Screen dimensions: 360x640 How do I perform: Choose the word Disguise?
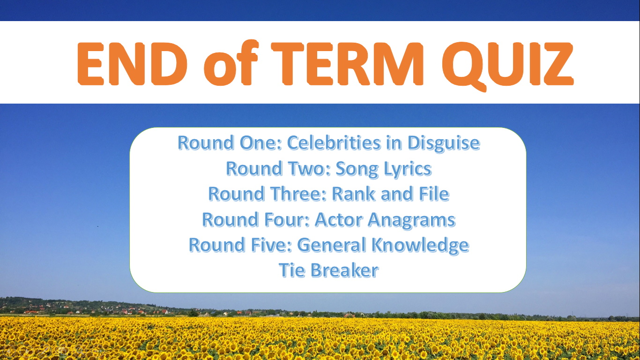(x=443, y=142)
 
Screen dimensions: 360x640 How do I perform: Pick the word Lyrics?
(x=407, y=168)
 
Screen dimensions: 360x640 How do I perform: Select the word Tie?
(x=290, y=270)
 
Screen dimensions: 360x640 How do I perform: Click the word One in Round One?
(x=264, y=142)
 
